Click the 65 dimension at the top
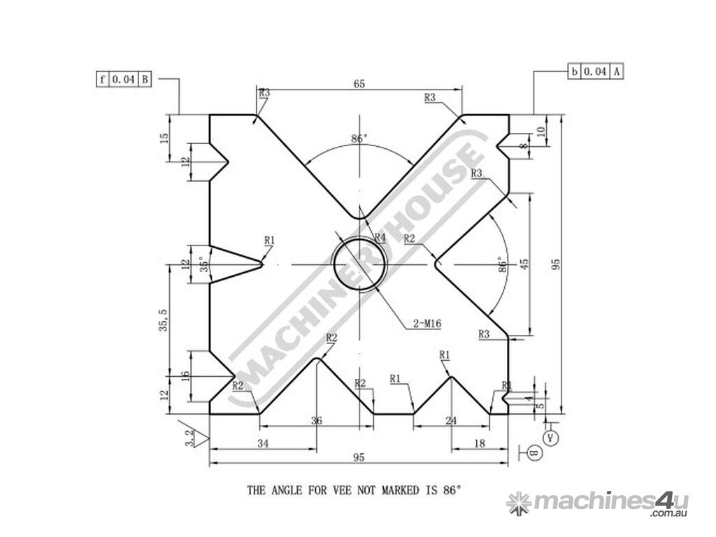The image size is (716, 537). click(x=359, y=84)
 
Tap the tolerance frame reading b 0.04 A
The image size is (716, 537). click(x=594, y=71)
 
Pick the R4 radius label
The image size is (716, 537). click(x=380, y=238)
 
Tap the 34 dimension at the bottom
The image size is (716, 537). click(x=264, y=443)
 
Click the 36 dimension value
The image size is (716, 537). click(x=317, y=421)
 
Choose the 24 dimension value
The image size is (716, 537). click(x=451, y=421)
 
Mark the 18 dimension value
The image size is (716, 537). click(x=480, y=443)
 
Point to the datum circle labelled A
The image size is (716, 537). click(x=551, y=438)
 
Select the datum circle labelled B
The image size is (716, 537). click(x=533, y=454)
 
